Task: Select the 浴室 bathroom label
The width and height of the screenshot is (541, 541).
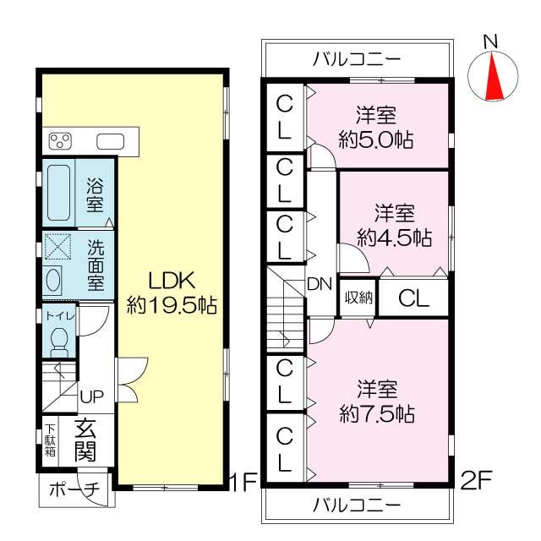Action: click(x=95, y=193)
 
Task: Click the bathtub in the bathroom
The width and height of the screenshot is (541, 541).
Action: click(x=58, y=192)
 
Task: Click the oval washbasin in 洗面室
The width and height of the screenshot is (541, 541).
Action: click(x=52, y=278)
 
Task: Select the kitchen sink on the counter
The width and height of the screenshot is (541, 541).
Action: click(x=111, y=140)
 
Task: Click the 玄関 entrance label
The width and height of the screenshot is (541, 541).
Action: click(x=85, y=440)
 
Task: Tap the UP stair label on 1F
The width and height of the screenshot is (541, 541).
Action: click(x=91, y=396)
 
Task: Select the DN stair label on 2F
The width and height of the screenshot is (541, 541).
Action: click(x=319, y=283)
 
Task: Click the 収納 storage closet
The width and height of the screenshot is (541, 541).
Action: click(x=358, y=298)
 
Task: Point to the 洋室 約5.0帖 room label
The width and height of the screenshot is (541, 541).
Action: click(x=376, y=128)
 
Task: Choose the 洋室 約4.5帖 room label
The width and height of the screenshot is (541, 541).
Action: click(x=394, y=223)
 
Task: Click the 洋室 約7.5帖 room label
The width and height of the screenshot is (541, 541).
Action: click(x=376, y=402)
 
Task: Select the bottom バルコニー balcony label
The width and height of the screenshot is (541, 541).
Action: click(x=356, y=505)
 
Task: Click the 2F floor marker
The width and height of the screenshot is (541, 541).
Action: click(x=476, y=482)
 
